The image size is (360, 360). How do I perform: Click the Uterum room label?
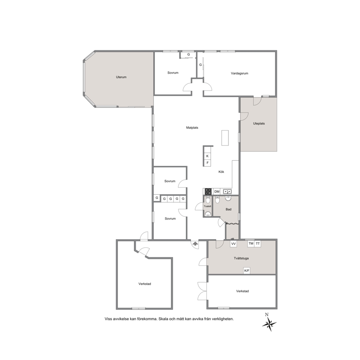(x=121, y=77)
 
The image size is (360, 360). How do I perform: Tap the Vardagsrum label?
(x=240, y=73)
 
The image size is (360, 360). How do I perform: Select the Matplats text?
(x=192, y=128)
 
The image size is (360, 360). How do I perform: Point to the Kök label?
(x=221, y=172)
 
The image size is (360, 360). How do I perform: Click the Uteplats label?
(x=259, y=123)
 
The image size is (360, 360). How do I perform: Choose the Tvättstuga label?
(x=241, y=258)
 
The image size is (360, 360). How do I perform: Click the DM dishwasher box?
(x=217, y=192)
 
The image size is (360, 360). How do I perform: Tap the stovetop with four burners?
(x=208, y=192)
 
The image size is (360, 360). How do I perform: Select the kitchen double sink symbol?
(x=227, y=192)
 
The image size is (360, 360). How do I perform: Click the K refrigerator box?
(x=207, y=156)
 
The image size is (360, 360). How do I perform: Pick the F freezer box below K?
(x=207, y=163)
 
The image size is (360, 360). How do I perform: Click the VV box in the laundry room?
(x=233, y=244)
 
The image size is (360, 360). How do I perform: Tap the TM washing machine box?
(x=251, y=244)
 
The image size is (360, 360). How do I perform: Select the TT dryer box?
(x=258, y=244)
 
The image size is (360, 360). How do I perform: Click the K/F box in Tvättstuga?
(x=246, y=271)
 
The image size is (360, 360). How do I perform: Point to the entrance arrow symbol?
(x=195, y=244)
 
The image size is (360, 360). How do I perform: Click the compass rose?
(x=269, y=324)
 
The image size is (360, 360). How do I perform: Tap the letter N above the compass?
(x=267, y=315)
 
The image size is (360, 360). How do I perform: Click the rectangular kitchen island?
(x=225, y=138)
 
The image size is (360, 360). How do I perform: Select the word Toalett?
(x=208, y=206)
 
